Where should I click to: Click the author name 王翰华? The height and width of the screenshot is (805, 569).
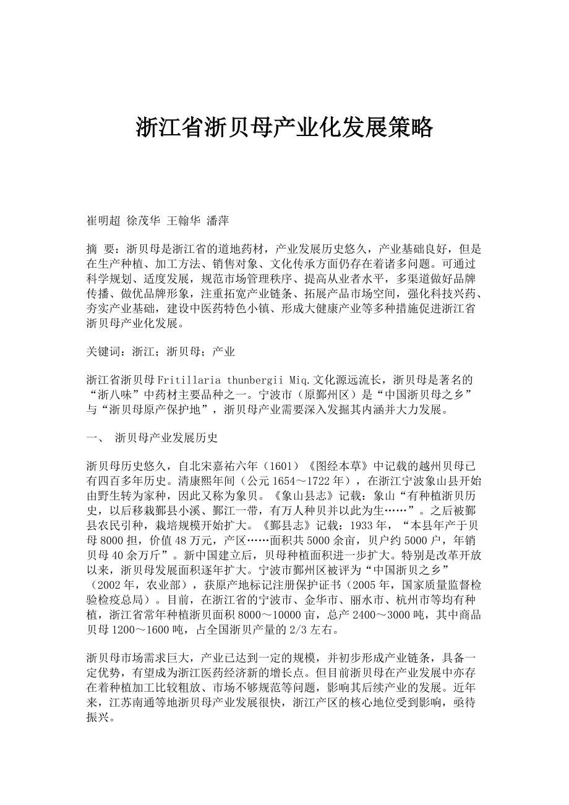(182, 219)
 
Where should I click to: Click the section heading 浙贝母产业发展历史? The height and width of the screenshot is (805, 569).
(166, 438)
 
